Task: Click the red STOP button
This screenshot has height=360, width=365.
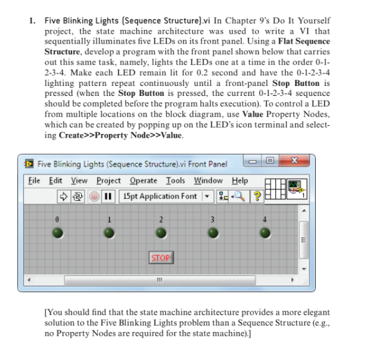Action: tap(161, 257)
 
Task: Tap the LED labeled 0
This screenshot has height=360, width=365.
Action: tap(57, 233)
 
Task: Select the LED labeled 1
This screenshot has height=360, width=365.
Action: tap(109, 233)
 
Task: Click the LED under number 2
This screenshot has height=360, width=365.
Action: tap(161, 233)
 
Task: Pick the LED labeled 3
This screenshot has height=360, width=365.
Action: tap(213, 233)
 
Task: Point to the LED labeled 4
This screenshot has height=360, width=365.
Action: tap(265, 233)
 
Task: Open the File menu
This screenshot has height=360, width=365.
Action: tap(35, 181)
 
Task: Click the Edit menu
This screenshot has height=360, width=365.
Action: tap(55, 181)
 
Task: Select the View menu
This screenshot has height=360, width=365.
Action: tap(78, 181)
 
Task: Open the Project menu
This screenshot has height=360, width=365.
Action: tap(108, 181)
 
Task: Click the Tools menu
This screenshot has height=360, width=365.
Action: tap(176, 181)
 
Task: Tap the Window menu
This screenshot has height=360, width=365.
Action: tap(207, 181)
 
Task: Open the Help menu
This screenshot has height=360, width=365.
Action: tap(239, 181)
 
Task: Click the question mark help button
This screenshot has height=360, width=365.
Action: tap(255, 196)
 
